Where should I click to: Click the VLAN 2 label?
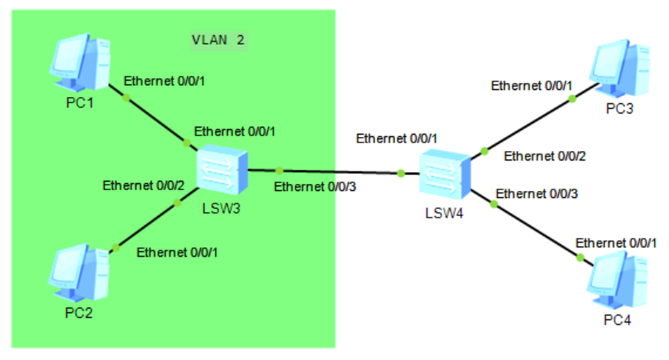pos(220,39)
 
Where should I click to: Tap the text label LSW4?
pos(444,214)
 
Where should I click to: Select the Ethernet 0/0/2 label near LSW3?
pos(143,185)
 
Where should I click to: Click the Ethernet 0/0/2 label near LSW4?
pos(545,156)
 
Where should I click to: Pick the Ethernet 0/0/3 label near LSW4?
pos(538,193)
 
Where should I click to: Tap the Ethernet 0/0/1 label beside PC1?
pos(165,81)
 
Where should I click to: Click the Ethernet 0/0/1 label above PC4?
pos(616,243)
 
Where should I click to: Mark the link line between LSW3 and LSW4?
pos(336,171)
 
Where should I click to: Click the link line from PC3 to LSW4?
pos(528,124)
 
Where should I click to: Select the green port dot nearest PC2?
pos(113,248)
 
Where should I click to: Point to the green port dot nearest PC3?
pos(572,99)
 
